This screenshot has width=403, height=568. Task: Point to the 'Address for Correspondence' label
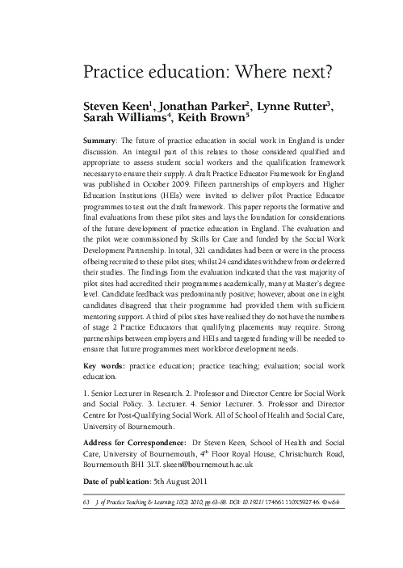(132, 443)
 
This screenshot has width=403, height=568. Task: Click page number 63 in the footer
(86, 502)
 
